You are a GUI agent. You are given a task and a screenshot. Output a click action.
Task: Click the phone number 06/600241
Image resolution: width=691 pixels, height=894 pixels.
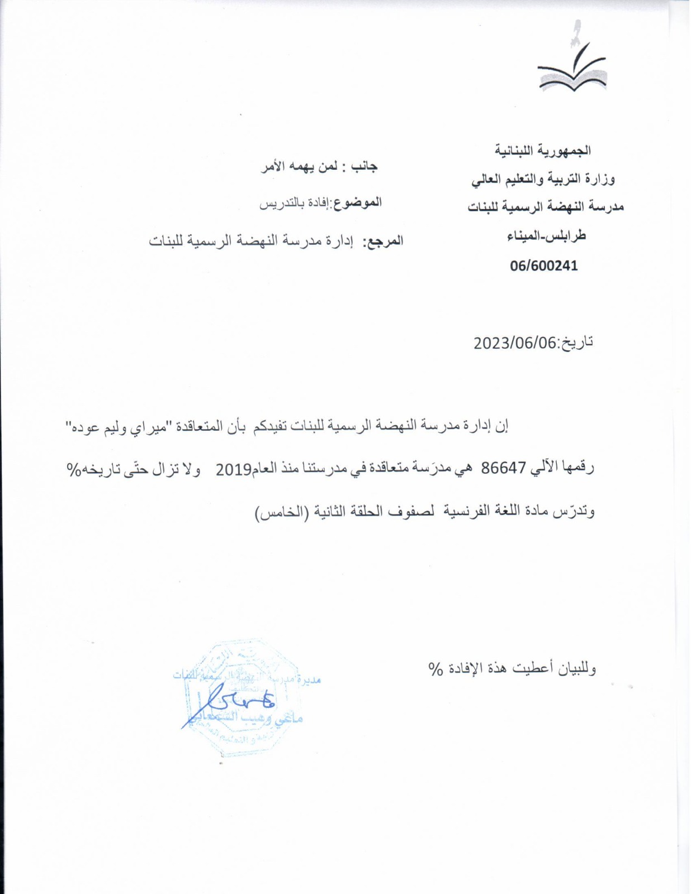pos(543,266)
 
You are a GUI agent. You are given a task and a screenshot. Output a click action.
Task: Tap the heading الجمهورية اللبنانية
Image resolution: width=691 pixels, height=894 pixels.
pos(543,150)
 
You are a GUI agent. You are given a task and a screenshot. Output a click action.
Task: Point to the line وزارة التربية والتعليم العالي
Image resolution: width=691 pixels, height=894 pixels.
pos(543,179)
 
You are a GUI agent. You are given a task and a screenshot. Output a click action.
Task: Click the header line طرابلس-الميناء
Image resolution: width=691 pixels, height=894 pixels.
pos(546,236)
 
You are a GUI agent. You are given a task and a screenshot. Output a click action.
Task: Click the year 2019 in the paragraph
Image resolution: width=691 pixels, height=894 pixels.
pos(233,470)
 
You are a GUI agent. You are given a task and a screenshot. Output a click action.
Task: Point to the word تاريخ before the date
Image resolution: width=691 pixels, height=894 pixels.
pos(577,343)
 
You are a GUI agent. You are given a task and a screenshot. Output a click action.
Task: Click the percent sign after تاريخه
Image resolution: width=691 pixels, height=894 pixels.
pos(74,470)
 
